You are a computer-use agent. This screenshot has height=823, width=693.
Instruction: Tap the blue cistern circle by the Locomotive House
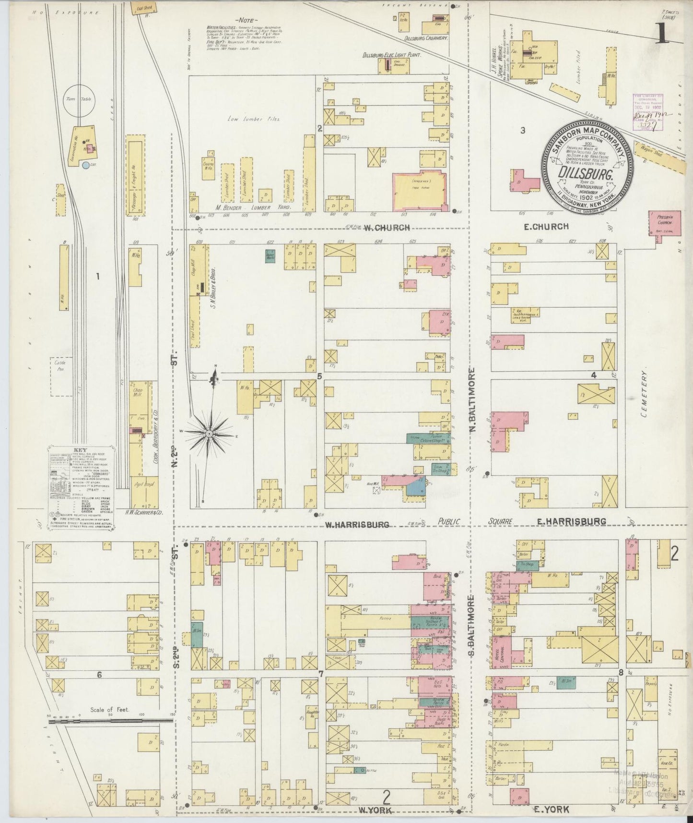click(85, 165)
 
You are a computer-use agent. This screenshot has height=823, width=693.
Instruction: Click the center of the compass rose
click(210, 434)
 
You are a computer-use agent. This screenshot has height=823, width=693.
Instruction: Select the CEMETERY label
click(644, 397)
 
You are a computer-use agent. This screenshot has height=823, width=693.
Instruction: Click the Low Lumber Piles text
click(247, 118)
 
